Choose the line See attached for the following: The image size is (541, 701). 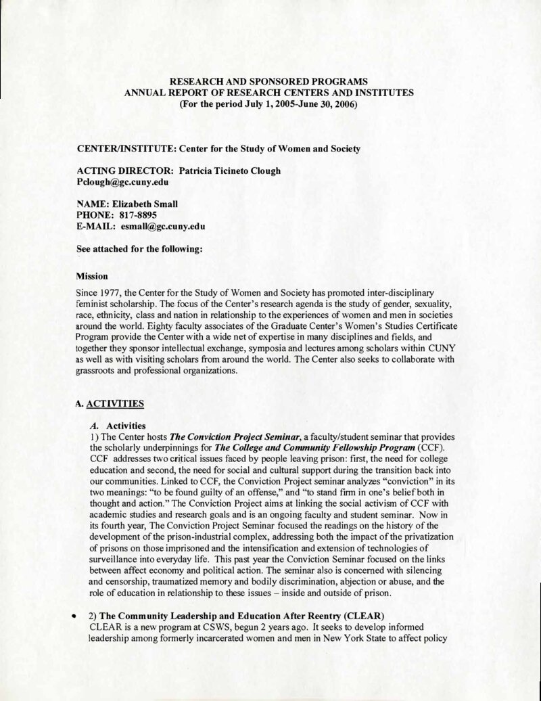(140, 249)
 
